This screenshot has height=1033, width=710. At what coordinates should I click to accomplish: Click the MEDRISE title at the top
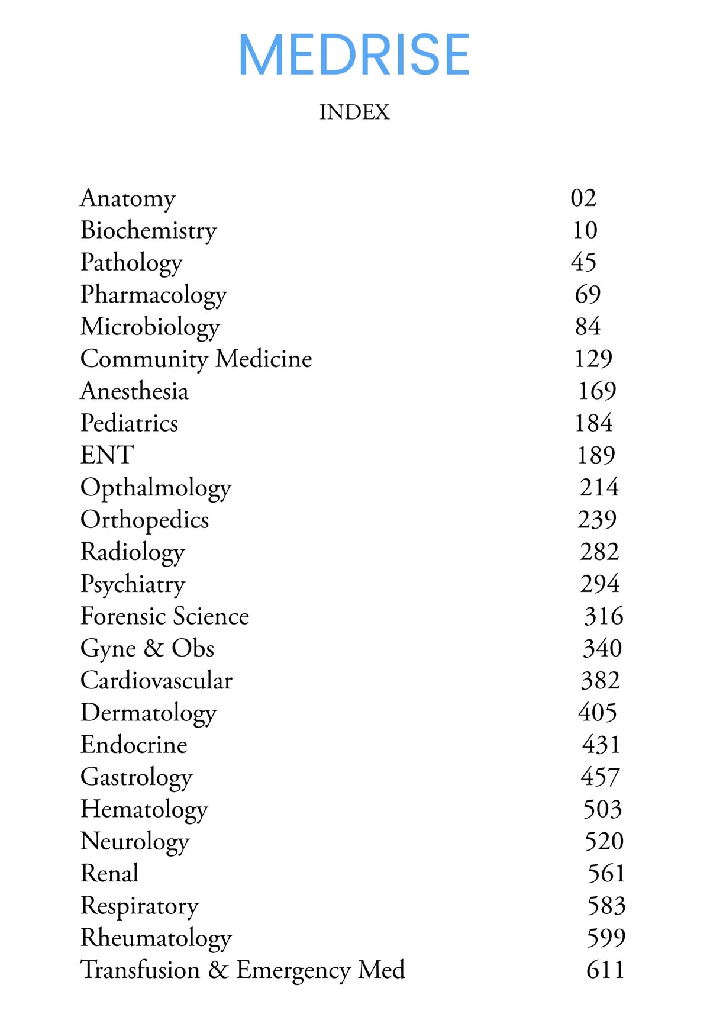(x=354, y=54)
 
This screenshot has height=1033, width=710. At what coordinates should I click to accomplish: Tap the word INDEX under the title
(x=354, y=112)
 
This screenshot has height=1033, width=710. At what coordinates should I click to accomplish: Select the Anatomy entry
(x=128, y=198)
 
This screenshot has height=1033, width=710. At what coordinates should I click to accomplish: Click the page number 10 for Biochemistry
(x=585, y=230)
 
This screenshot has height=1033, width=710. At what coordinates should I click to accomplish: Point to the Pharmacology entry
(x=154, y=295)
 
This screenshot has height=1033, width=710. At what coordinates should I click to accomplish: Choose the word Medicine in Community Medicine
(x=264, y=359)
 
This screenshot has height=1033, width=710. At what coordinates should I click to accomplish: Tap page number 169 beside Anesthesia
(x=596, y=391)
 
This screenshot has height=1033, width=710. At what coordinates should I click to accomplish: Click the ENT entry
(x=107, y=455)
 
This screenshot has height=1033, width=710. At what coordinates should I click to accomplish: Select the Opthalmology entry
(x=156, y=488)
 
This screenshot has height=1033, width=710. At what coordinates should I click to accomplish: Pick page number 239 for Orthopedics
(x=597, y=520)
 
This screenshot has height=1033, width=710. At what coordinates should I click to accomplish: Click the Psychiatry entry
(x=133, y=584)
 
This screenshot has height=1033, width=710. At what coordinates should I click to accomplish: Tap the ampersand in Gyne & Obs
(x=153, y=648)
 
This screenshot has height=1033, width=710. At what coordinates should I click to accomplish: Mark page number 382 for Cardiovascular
(x=600, y=681)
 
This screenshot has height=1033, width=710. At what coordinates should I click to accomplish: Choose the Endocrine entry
(x=134, y=745)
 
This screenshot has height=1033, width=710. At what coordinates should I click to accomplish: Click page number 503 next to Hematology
(x=602, y=809)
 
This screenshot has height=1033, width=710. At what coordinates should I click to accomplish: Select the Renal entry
(x=109, y=873)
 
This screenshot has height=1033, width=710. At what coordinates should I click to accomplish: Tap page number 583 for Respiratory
(x=606, y=906)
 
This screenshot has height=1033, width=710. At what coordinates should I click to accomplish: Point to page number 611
(x=605, y=970)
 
